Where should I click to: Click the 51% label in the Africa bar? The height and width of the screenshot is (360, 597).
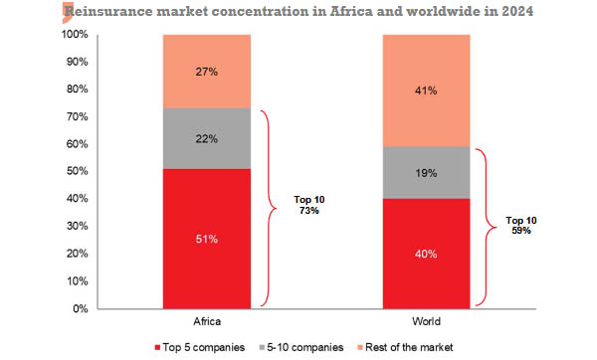[206, 239]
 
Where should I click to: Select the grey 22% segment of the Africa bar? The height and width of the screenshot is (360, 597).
[206, 138]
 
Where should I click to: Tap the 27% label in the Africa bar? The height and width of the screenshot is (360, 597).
[206, 71]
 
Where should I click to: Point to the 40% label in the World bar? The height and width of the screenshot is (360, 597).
[426, 254]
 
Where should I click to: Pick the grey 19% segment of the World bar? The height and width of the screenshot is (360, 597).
[426, 172]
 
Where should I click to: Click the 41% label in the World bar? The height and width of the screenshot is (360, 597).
[426, 90]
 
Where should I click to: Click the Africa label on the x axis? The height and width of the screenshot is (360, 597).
[206, 323]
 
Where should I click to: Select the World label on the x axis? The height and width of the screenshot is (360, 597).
[426, 323]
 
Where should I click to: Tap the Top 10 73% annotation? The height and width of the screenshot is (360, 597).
[309, 206]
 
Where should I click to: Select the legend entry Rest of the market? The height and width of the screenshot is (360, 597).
[403, 347]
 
